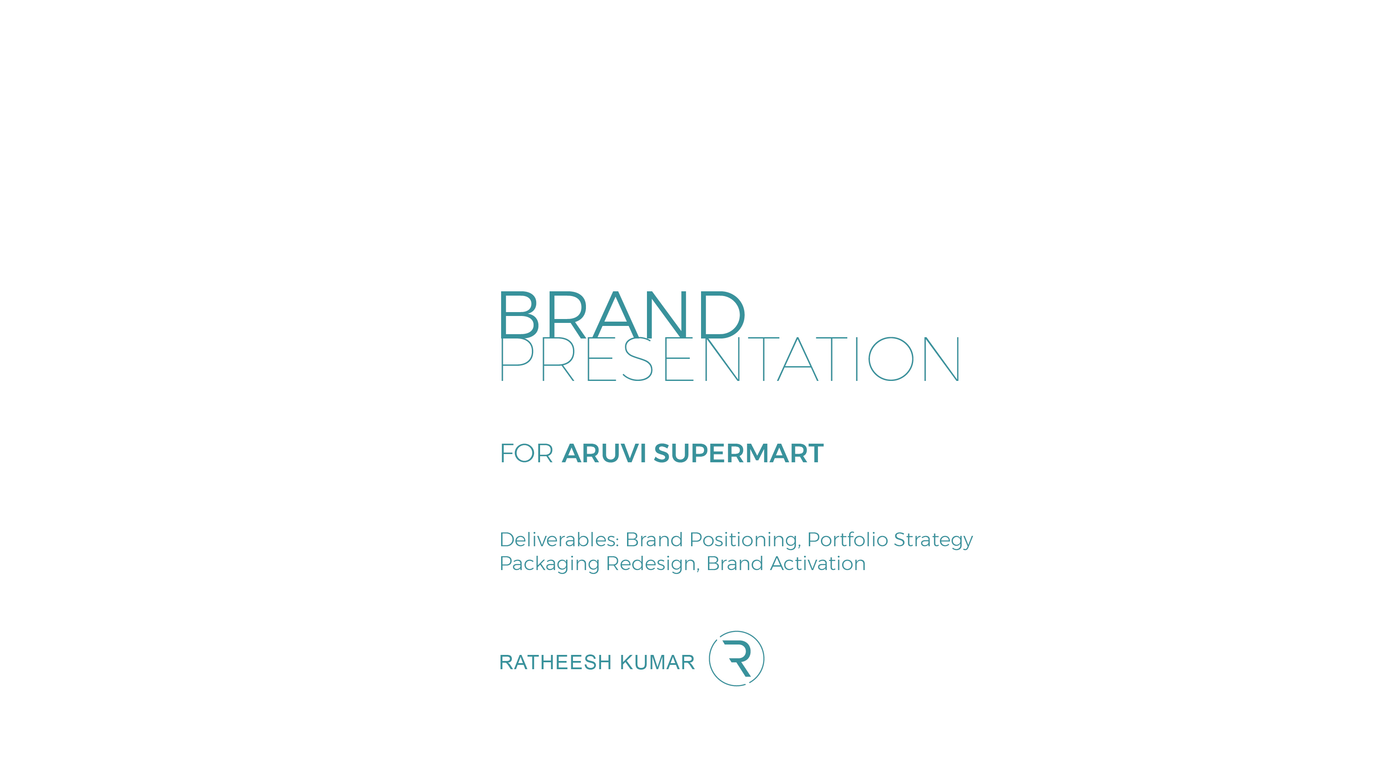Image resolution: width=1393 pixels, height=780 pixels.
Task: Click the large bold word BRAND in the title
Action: pos(622,314)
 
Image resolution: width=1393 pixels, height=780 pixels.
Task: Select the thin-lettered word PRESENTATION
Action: pos(730,359)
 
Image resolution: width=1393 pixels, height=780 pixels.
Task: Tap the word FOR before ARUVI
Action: pos(527,453)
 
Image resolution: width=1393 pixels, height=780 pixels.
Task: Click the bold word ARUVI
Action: pos(604,453)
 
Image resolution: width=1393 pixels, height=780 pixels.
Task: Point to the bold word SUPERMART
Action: pos(739,453)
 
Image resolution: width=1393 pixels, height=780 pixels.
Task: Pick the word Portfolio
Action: pos(848,539)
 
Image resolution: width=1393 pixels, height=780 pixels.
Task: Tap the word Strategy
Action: pos(933,540)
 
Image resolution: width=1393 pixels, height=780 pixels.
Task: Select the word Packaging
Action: pos(550,564)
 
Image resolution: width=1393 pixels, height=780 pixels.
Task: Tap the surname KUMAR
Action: pos(657,662)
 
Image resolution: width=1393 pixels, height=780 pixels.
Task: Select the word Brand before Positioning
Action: pos(654,539)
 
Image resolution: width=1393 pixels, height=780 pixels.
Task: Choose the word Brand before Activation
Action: pos(735,563)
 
